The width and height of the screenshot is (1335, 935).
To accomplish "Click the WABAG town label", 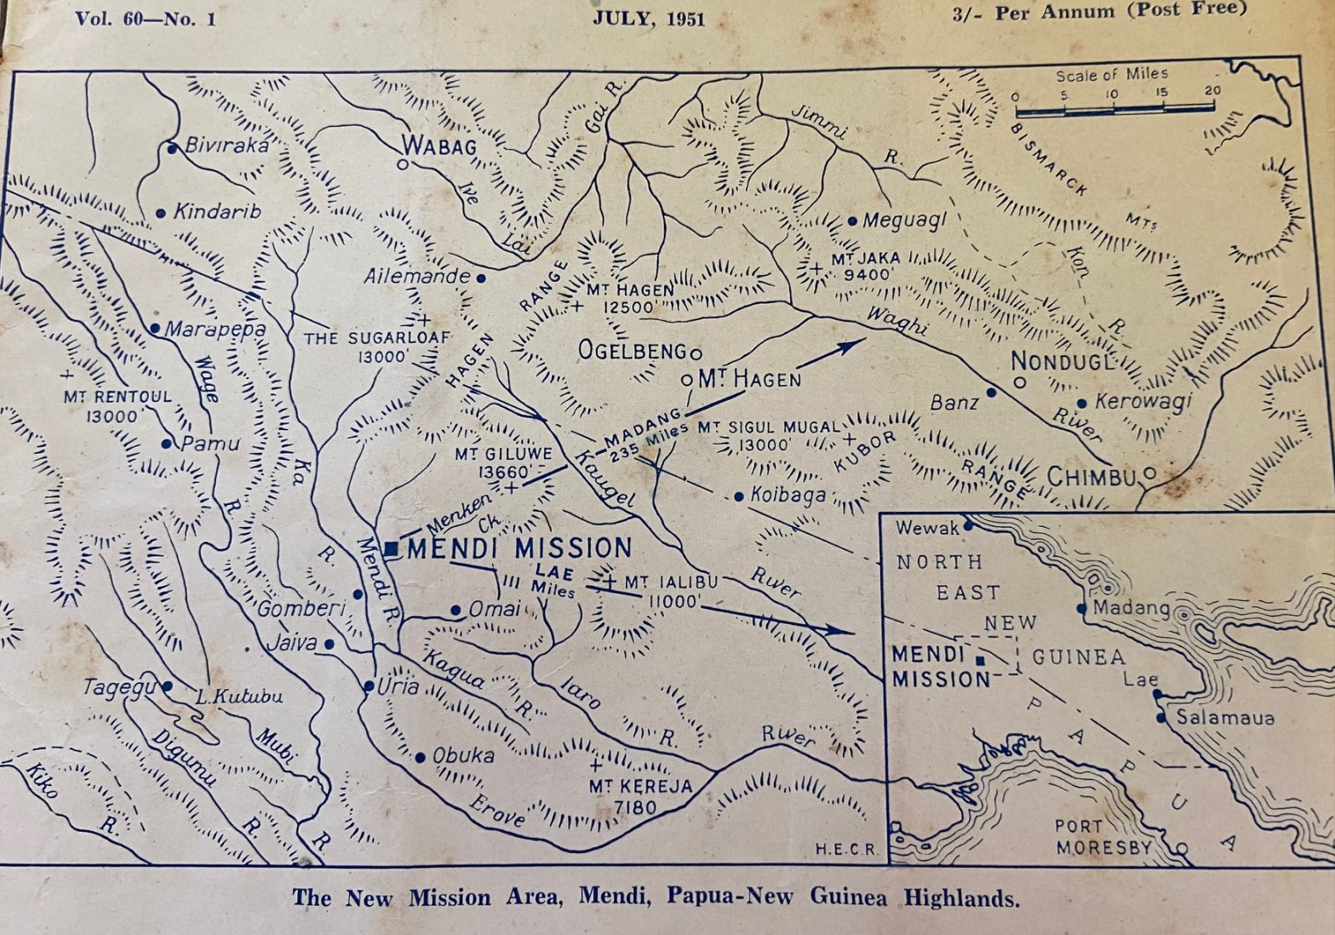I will point(438,146).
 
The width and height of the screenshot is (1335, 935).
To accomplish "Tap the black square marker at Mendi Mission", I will point(391,549).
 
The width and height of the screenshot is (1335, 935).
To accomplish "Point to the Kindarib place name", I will point(217,211).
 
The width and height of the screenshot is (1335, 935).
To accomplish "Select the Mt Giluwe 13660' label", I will point(503,462).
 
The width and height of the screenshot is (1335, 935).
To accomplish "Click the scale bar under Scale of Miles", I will point(1114,109).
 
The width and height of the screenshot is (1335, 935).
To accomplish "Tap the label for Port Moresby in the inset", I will point(1103,837).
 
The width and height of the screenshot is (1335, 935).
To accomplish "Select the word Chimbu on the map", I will point(1091,477).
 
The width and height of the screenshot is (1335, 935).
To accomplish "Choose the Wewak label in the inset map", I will point(927,528).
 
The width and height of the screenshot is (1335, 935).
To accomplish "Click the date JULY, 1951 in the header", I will point(650,19).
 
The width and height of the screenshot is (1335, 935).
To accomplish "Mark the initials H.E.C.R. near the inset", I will point(845,849).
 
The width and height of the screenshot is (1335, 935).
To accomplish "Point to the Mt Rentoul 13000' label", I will point(117,406).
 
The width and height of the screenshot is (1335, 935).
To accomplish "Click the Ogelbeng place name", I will point(632,350).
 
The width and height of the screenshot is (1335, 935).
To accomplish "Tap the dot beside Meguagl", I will point(853,221).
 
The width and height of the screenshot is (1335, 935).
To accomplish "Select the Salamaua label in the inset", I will point(1225,718).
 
